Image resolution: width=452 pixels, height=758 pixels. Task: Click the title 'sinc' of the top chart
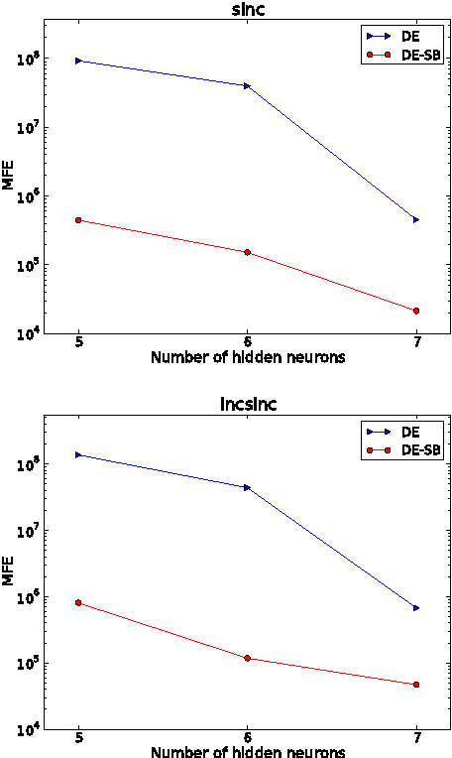pyautogui.click(x=247, y=11)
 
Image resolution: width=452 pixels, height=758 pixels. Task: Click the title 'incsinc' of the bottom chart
pyautogui.click(x=247, y=405)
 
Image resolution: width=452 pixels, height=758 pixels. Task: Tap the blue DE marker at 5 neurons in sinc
pyautogui.click(x=78, y=61)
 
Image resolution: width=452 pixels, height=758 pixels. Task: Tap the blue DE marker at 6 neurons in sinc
pyautogui.click(x=247, y=85)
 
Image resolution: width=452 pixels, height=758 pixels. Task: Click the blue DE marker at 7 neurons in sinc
pyautogui.click(x=416, y=219)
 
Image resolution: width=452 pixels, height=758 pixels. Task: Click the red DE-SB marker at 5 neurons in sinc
pyautogui.click(x=78, y=220)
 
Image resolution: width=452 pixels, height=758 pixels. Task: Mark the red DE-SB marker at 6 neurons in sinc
pyautogui.click(x=247, y=252)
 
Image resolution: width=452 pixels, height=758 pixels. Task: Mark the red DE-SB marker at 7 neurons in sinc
pyautogui.click(x=416, y=311)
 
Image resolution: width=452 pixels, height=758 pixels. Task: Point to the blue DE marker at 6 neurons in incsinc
pyautogui.click(x=247, y=487)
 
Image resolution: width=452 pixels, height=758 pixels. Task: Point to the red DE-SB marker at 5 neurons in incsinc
pyautogui.click(x=78, y=602)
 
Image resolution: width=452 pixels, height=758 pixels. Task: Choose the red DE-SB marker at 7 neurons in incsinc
pyautogui.click(x=416, y=685)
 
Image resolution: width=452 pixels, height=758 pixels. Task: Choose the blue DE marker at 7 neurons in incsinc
pyautogui.click(x=416, y=607)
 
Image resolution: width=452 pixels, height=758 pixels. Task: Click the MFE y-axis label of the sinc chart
pyautogui.click(x=9, y=178)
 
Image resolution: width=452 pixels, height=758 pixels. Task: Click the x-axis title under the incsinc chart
pyautogui.click(x=247, y=751)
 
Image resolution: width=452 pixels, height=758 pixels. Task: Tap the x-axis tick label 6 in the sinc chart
pyautogui.click(x=247, y=342)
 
